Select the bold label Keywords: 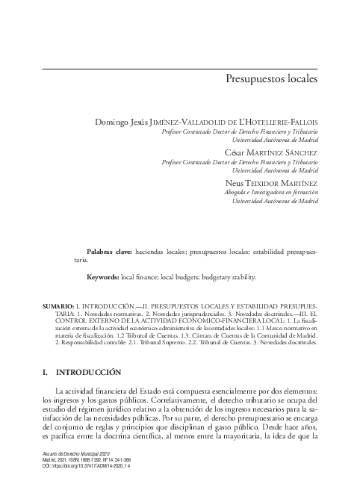(x=103, y=277)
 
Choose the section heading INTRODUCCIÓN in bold (x=88, y=371)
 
